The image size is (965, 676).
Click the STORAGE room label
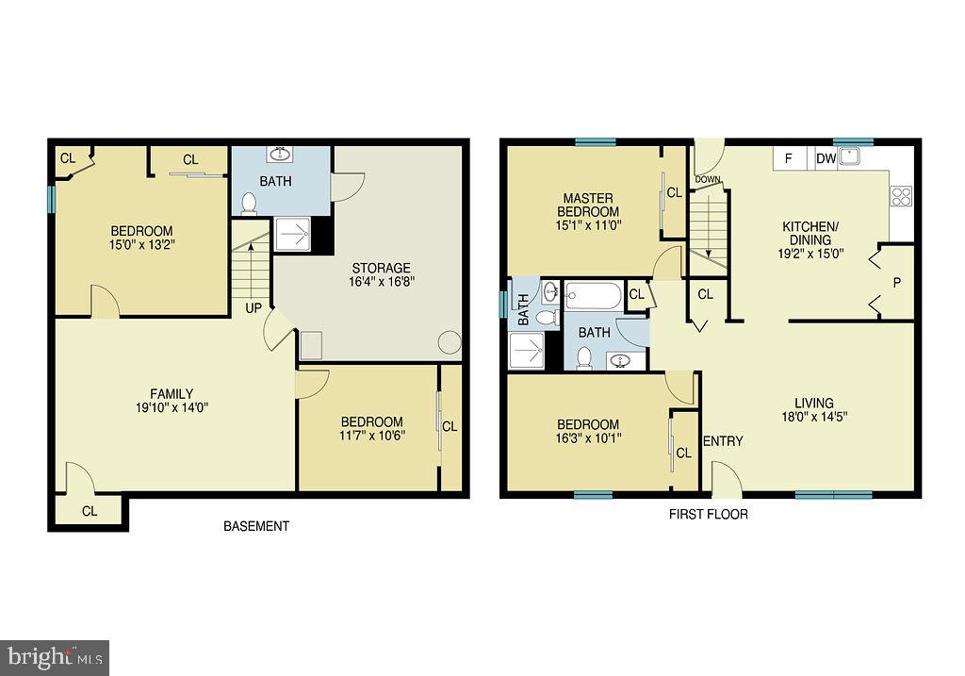click(x=381, y=269)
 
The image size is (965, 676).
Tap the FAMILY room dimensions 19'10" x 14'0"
click(x=172, y=407)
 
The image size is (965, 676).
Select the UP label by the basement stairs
click(x=254, y=308)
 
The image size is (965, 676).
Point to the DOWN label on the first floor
click(x=708, y=180)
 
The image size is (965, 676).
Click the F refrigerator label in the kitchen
click(x=789, y=158)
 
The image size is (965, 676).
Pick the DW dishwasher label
click(x=826, y=158)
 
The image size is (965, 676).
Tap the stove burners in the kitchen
click(x=901, y=196)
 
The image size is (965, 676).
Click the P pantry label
click(x=897, y=283)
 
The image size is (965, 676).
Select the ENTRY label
click(x=723, y=441)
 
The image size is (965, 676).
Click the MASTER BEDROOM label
click(x=588, y=205)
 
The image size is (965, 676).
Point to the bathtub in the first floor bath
click(x=594, y=296)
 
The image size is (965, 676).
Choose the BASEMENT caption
click(x=256, y=526)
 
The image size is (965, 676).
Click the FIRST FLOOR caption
click(x=709, y=514)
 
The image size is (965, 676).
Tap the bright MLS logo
click(x=55, y=658)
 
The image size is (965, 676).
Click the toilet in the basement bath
click(x=249, y=203)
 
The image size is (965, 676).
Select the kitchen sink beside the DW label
click(x=849, y=157)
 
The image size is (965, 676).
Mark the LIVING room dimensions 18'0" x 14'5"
click(x=814, y=416)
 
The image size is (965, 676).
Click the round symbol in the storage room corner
click(x=450, y=342)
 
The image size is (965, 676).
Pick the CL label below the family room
click(x=90, y=511)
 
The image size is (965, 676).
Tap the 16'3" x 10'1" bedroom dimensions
click(x=588, y=438)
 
